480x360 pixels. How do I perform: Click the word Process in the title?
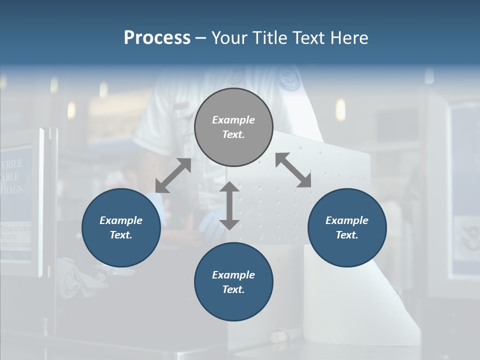point(157,37)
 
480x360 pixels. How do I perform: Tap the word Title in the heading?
point(270,37)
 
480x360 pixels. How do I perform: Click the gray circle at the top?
point(233,127)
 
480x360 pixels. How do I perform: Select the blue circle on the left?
point(121,227)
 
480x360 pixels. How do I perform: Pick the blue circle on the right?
point(347,227)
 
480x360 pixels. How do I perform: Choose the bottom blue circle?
point(233,282)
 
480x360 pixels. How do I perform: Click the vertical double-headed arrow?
point(229,205)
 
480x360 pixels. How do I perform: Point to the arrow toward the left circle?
point(173,175)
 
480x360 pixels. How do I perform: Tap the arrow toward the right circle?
point(293,170)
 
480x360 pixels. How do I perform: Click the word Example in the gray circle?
point(233,120)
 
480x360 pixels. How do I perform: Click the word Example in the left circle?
point(121,220)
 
